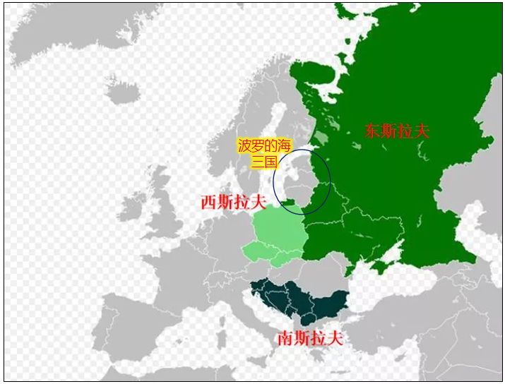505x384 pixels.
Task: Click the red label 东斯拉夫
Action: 397,131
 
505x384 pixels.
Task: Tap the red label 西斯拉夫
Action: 232,202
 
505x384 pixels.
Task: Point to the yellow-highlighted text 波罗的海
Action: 263,146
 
